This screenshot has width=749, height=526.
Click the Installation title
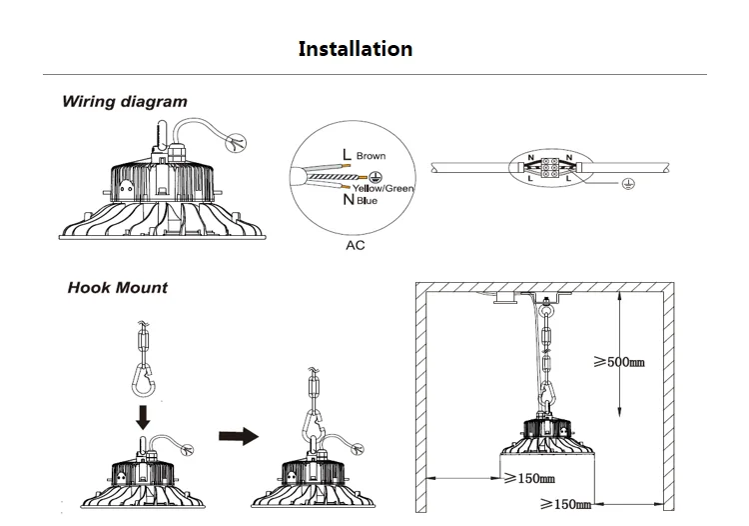(355, 49)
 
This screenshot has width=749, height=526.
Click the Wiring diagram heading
(124, 102)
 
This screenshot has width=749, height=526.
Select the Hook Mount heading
(118, 288)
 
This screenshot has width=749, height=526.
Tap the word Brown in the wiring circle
(371, 157)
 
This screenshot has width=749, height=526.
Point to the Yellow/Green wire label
(383, 188)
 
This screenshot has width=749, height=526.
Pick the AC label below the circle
(355, 245)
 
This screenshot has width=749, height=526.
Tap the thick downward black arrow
(142, 415)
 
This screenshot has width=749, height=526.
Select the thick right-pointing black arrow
(237, 435)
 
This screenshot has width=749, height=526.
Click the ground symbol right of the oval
(626, 185)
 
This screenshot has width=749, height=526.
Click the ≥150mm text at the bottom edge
(565, 505)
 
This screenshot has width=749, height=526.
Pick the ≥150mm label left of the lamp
(529, 478)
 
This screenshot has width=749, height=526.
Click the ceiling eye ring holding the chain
(546, 311)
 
